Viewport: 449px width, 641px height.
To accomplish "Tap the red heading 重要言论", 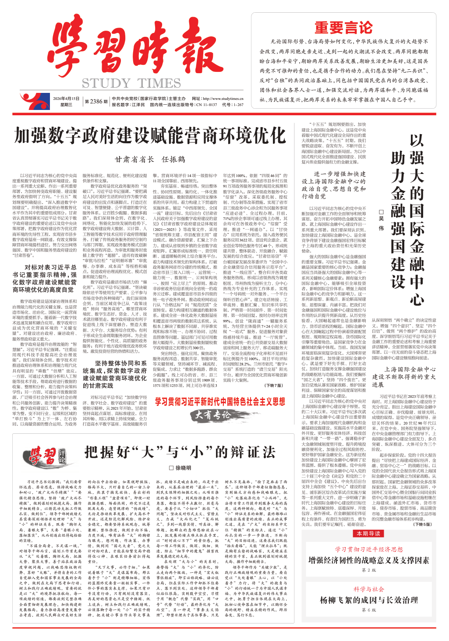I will coord(343,28).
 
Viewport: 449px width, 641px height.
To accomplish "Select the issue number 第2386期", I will coord(96,102).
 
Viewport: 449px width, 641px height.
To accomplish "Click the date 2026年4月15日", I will coord(66,99).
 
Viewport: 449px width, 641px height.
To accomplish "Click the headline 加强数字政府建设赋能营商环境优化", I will coord(150,136).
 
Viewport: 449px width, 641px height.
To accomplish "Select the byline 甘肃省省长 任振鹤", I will coord(150,159).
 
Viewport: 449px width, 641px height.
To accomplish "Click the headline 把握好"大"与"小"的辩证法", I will coord(180,452).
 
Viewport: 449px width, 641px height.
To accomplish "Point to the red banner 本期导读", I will coord(368,533).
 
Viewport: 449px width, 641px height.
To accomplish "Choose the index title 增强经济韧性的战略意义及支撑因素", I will coord(368,560).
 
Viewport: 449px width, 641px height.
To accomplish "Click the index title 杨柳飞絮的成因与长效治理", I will coord(368,600).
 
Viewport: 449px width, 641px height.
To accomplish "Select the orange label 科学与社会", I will coord(369,589).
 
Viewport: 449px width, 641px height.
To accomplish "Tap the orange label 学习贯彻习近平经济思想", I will coord(369,549).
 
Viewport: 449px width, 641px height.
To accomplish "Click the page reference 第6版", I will coord(369,610).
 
